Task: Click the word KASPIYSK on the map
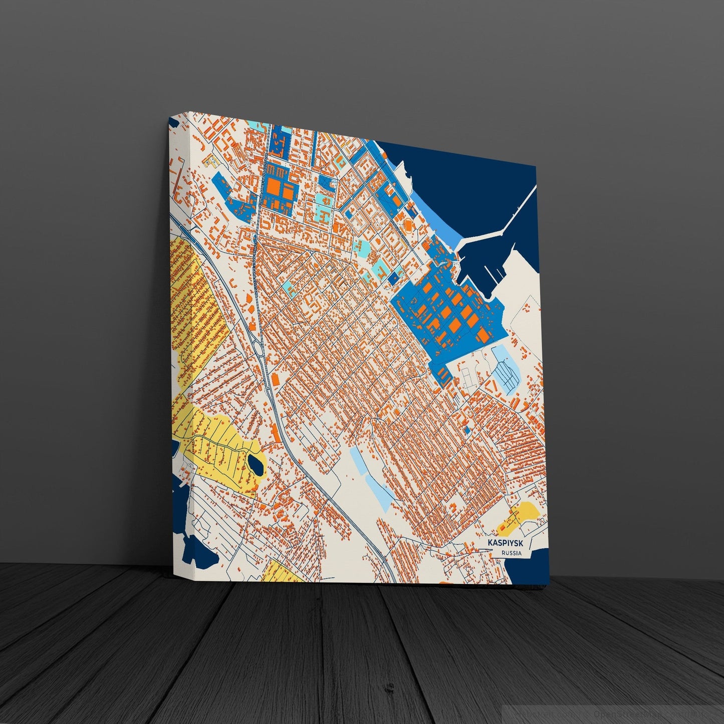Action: click(505, 543)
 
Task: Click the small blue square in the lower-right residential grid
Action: click(467, 430)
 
